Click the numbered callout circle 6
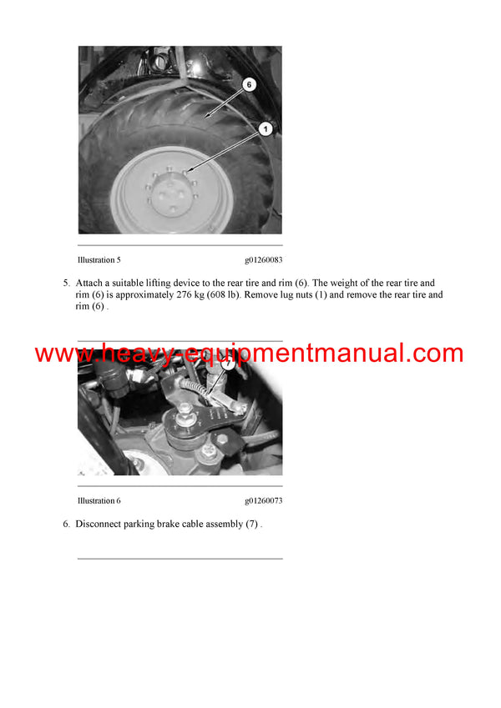pos(249,84)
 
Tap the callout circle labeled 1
pos(266,129)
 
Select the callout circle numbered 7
pos(228,363)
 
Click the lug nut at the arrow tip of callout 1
pos(185,172)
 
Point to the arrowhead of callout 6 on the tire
pos(206,116)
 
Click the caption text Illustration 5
pos(99,260)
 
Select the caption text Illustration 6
pos(99,500)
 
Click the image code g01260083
pos(264,260)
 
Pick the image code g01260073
pos(264,500)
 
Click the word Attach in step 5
pos(89,283)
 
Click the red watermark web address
pos(249,353)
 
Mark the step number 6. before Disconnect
pos(67,524)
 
